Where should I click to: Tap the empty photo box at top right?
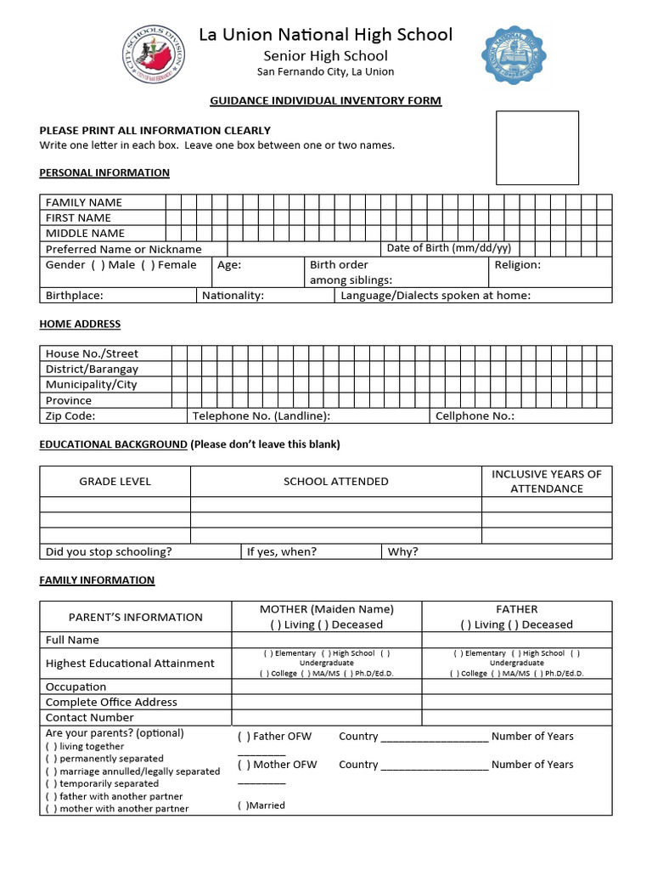pyautogui.click(x=537, y=148)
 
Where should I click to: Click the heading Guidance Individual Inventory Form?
pyautogui.click(x=325, y=101)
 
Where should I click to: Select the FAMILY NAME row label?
pyautogui.click(x=84, y=202)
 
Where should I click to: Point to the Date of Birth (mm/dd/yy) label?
pyautogui.click(x=448, y=248)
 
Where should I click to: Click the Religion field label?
pyautogui.click(x=517, y=265)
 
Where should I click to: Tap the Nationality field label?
pyautogui.click(x=233, y=296)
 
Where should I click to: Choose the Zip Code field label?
pyautogui.click(x=70, y=416)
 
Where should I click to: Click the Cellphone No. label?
pyautogui.click(x=475, y=416)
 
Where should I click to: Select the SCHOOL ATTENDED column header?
pyautogui.click(x=335, y=482)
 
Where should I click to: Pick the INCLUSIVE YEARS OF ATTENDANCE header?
pyautogui.click(x=546, y=481)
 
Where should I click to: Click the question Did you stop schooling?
pyautogui.click(x=109, y=551)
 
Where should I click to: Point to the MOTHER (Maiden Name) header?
pyautogui.click(x=326, y=609)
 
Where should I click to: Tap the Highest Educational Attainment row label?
pyautogui.click(x=130, y=664)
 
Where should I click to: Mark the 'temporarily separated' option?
pyautogui.click(x=52, y=784)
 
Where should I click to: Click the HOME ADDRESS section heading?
pyautogui.click(x=80, y=324)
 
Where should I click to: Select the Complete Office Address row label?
pyautogui.click(x=111, y=703)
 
